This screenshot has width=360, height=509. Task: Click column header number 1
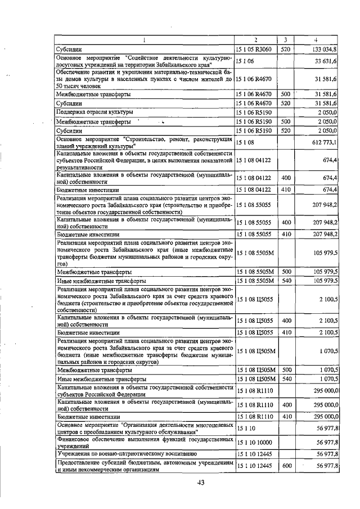coord(144,39)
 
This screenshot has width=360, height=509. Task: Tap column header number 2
coord(256,39)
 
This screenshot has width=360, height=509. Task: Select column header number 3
coord(286,39)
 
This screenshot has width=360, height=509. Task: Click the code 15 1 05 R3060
coord(254,49)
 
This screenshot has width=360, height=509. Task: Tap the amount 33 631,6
coord(326,61)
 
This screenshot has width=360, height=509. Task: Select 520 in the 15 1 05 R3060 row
coord(286,49)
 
